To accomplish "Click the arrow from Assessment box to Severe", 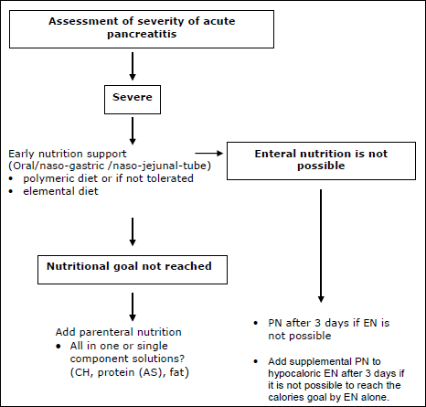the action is pos(133,66).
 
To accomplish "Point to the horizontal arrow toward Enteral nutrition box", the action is pos(209,153).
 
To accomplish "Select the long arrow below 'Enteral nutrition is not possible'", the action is pos(321,246).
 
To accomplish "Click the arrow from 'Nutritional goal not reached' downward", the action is pos(133,306).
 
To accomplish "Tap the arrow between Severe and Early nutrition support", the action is pos(133,131).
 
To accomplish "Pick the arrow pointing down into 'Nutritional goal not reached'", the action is pos(133,231).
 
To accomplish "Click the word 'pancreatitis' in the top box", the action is pos(142,34).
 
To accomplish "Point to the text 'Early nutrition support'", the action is pos(68,154).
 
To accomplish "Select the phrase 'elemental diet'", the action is pos(60,191).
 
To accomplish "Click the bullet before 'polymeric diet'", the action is pos(11,178).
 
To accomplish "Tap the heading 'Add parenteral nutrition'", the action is pos(119,332).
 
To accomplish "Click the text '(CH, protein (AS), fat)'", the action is pos(130,372).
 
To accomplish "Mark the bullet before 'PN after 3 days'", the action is pos(256,323).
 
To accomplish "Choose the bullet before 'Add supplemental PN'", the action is pos(256,361).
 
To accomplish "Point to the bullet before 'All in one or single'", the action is pos(59,347).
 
